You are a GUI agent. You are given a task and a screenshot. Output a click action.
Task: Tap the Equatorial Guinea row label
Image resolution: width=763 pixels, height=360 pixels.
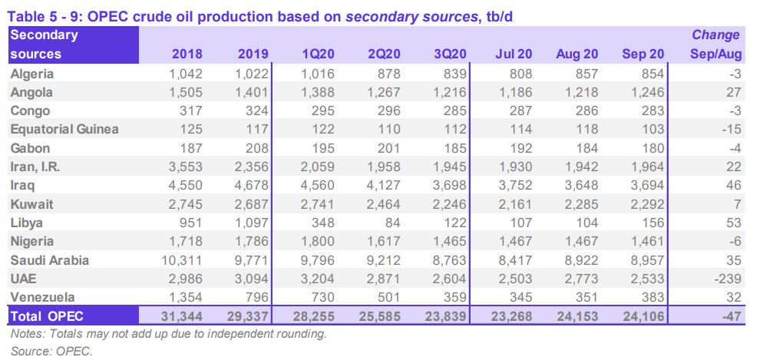64,129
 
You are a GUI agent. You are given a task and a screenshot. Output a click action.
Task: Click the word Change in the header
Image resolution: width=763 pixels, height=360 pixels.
715,35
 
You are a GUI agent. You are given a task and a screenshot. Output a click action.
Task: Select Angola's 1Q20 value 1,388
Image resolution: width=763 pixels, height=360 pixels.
315,92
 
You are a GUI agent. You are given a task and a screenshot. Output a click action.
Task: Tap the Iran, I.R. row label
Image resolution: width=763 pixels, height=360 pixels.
40,167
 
